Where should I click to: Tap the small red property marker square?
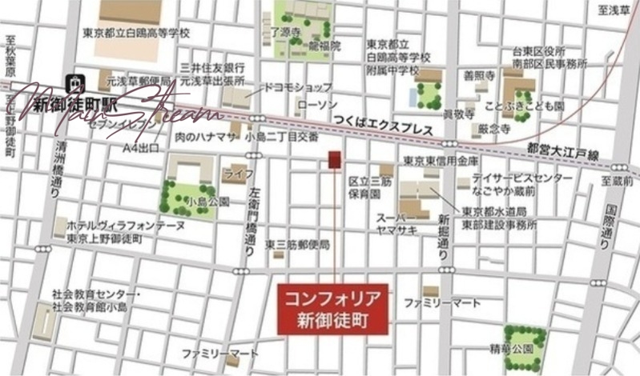point(334,158)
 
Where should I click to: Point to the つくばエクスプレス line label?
point(382,130)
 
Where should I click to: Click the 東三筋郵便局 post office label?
point(297,244)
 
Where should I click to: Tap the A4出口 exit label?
point(140,148)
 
